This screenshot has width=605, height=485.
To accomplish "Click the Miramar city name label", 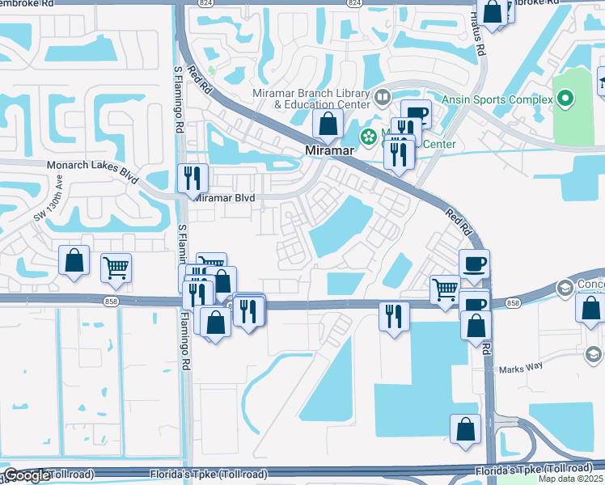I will [329, 151].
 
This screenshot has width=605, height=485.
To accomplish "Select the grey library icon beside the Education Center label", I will [383, 99].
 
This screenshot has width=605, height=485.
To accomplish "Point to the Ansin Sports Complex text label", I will [497, 100].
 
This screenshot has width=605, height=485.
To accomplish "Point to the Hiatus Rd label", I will [480, 36].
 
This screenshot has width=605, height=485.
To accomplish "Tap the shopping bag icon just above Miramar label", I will [328, 124].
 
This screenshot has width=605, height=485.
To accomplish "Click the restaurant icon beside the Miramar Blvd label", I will [192, 178].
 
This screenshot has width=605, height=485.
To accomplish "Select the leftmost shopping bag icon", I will [74, 261].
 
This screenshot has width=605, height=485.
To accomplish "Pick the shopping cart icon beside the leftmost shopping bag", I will [116, 268].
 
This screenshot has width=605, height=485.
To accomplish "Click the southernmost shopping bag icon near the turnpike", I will [466, 429].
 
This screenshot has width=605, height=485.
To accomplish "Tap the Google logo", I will [26, 475].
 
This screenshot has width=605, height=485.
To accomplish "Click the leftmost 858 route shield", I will [109, 301].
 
